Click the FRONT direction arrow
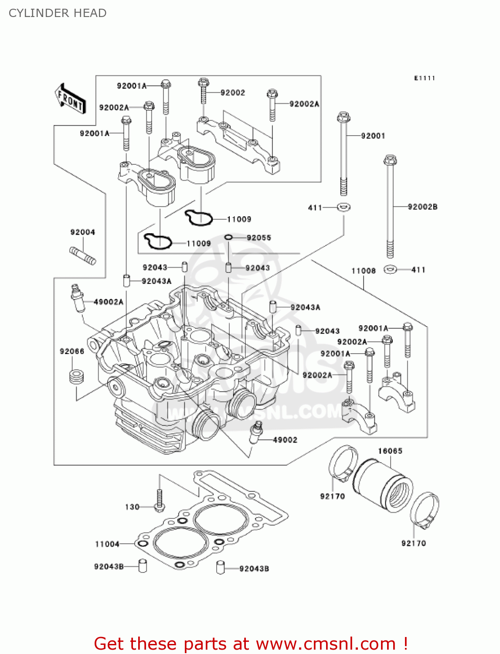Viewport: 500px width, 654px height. pyautogui.click(x=70, y=99)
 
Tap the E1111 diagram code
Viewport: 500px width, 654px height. pyautogui.click(x=424, y=78)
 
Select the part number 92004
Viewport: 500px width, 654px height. pyautogui.click(x=83, y=232)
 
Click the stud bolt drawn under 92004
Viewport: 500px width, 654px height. pyautogui.click(x=83, y=256)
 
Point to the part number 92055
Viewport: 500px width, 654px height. pyautogui.click(x=259, y=238)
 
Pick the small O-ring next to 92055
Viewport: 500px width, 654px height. pyautogui.click(x=229, y=237)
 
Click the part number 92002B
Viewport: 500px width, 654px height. pyautogui.click(x=422, y=207)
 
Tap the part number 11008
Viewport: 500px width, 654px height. pyautogui.click(x=364, y=271)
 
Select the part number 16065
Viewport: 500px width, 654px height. pyautogui.click(x=390, y=451)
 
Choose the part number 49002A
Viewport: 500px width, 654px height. pyautogui.click(x=109, y=302)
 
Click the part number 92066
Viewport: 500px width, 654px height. pyautogui.click(x=72, y=351)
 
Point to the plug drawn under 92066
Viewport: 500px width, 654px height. pyautogui.click(x=77, y=377)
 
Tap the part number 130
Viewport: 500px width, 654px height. pyautogui.click(x=132, y=507)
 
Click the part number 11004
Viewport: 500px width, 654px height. pyautogui.click(x=107, y=544)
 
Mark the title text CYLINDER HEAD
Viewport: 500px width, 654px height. pyautogui.click(x=58, y=13)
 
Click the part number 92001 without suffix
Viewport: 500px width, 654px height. pyautogui.click(x=373, y=136)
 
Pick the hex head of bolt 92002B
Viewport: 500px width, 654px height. pyautogui.click(x=390, y=160)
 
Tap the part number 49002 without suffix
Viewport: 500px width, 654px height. pyautogui.click(x=285, y=440)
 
